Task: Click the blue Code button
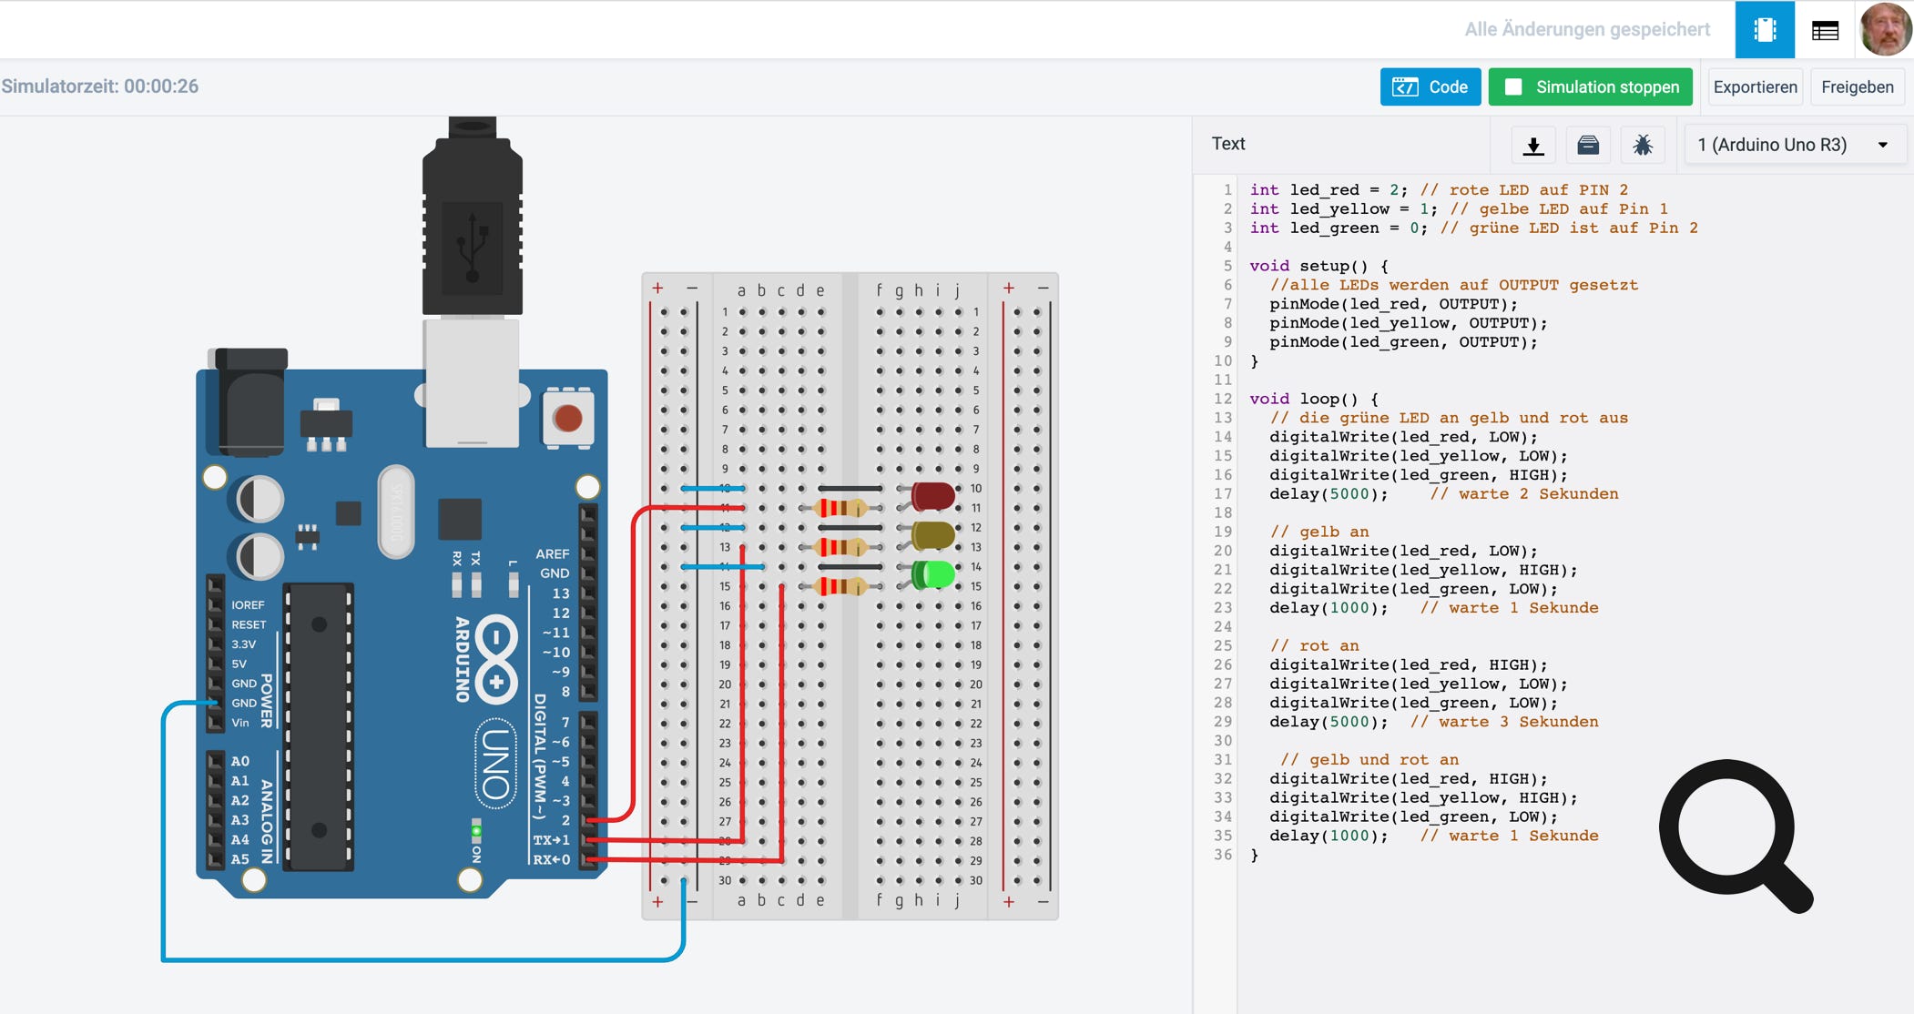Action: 1430,87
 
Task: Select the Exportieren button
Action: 1755,87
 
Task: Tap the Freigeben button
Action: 1857,87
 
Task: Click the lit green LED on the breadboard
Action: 933,575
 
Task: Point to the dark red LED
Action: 933,496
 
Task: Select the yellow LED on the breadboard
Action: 933,535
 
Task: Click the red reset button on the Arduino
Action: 567,419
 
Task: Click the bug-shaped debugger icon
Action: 1643,145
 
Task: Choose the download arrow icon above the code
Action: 1533,146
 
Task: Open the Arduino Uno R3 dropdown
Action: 1794,145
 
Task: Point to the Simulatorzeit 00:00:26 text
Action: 100,86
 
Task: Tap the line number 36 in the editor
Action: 1222,855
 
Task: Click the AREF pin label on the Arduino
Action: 552,553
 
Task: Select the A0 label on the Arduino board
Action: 239,761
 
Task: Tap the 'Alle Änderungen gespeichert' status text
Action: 1587,29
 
